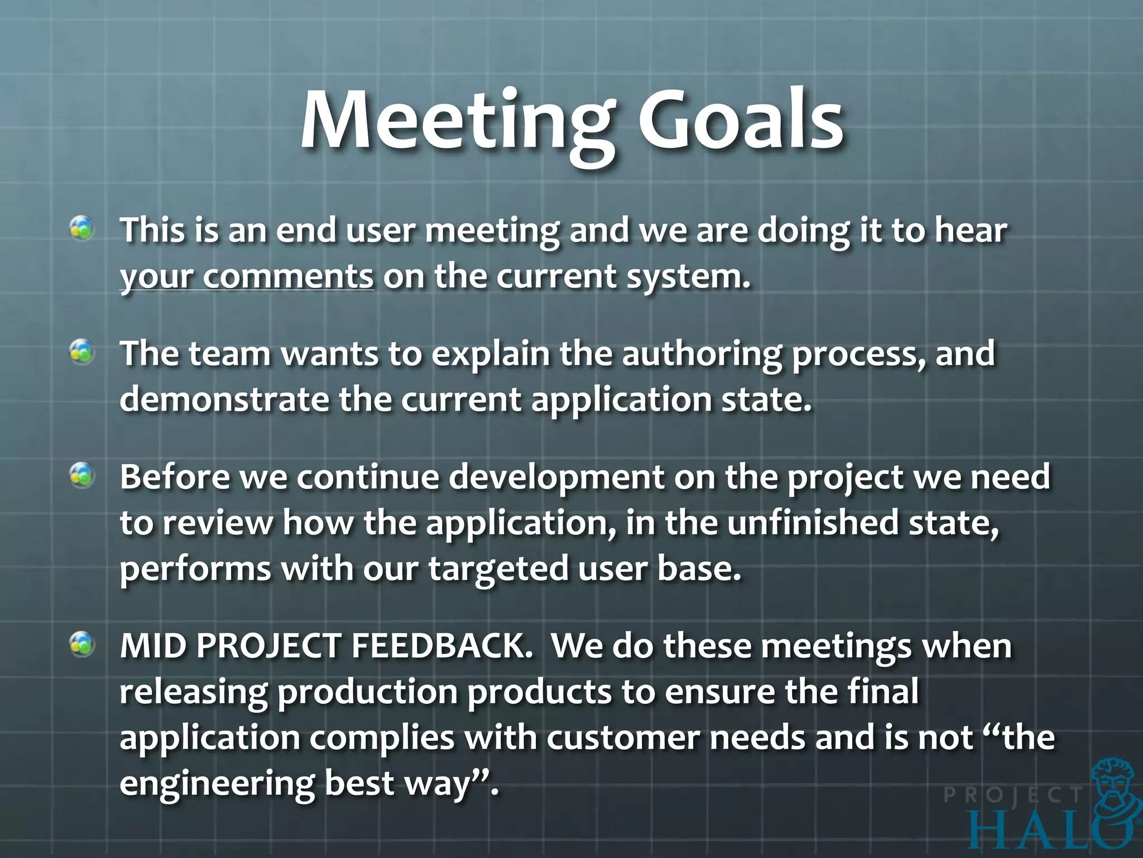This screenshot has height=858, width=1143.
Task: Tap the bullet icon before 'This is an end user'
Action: click(82, 229)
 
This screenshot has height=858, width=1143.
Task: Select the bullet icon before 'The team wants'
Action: click(82, 352)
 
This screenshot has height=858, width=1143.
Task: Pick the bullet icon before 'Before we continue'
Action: click(82, 476)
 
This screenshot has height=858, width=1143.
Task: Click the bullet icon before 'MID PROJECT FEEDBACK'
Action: click(82, 645)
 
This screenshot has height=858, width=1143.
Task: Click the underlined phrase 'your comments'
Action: click(246, 278)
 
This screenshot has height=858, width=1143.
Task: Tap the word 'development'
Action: click(557, 479)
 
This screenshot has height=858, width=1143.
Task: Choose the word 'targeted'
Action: click(498, 570)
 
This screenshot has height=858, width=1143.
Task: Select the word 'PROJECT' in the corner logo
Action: click(1013, 795)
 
